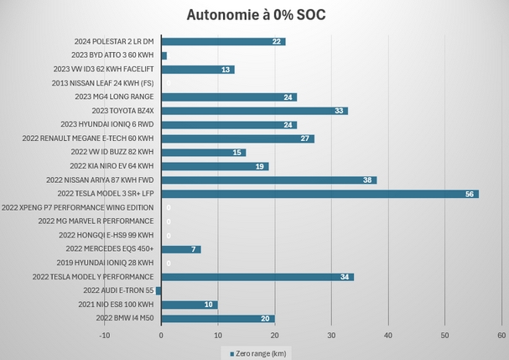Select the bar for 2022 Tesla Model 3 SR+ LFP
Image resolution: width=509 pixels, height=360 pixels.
pos(319,193)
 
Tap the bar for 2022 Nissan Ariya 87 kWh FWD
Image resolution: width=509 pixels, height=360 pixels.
pos(268,180)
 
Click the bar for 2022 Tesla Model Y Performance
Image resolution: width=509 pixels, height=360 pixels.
pos(257,277)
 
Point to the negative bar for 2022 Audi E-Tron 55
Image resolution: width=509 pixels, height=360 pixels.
pos(158,290)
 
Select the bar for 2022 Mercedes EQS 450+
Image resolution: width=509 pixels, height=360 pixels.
pos(180,249)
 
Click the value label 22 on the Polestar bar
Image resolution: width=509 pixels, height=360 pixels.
pos(276,42)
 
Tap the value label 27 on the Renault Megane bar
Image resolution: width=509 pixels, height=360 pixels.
pos(304,138)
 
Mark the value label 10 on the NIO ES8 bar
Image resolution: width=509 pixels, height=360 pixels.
pos(209,305)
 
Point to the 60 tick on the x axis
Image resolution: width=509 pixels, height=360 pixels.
pos(501,335)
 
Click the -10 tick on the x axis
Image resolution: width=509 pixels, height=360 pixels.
pos(104,335)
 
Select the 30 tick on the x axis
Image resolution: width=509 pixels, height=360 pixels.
pos(331,335)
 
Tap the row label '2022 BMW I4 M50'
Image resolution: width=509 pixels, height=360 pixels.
pos(125,319)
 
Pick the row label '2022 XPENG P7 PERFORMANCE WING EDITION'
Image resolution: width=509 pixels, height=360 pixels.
pos(79,207)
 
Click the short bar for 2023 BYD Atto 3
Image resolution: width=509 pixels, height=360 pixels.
pos(164,55)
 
